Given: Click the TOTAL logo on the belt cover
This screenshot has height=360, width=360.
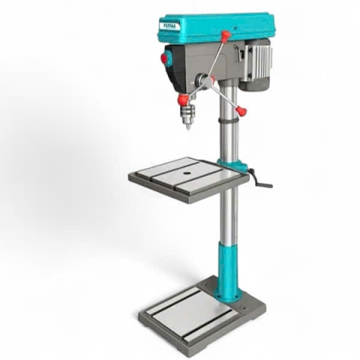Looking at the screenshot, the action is click(169, 26).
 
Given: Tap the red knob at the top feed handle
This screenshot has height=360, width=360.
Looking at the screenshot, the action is click(226, 34).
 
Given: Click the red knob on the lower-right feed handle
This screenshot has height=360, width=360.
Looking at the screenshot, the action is click(241, 110).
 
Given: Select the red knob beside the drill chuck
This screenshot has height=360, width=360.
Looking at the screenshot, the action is click(184, 100).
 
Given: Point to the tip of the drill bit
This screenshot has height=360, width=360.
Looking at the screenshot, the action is click(187, 130).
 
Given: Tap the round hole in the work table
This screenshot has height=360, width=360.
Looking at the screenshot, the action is click(186, 172).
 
